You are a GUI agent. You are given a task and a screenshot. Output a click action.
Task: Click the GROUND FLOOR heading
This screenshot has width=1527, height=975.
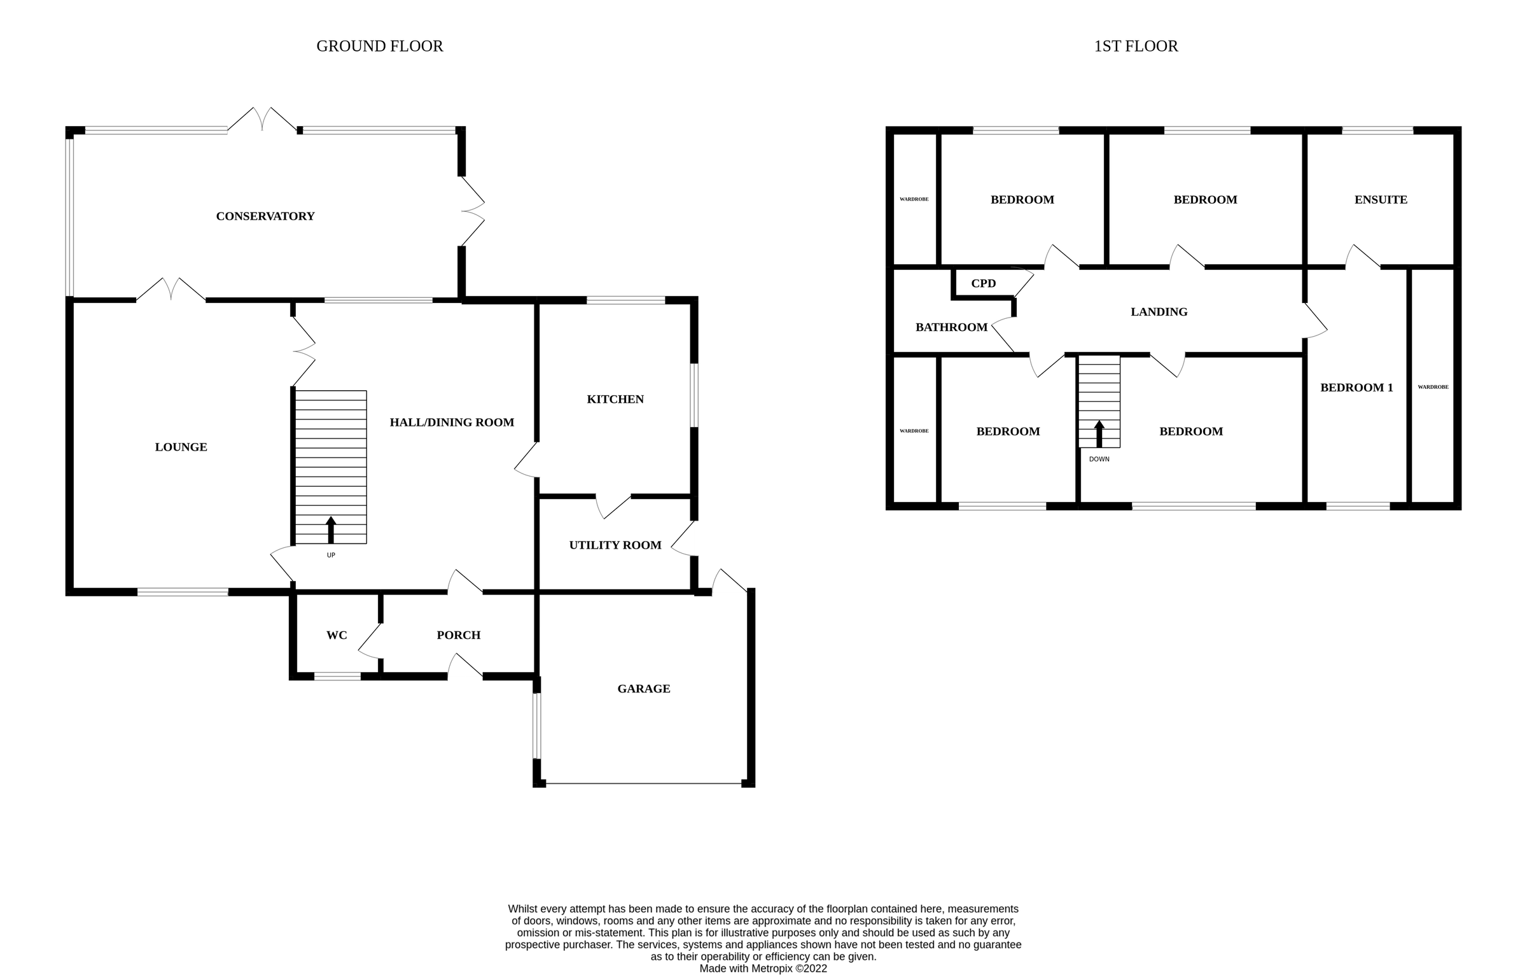click(x=379, y=46)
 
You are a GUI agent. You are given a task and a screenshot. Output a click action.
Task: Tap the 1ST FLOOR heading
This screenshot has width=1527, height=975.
click(x=1136, y=46)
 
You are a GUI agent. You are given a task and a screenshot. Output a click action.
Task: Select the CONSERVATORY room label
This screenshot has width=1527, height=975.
click(x=265, y=216)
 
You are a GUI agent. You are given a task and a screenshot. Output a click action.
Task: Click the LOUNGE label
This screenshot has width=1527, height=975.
click(x=181, y=447)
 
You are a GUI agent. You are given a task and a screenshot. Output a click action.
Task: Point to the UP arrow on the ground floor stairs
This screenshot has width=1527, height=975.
click(x=331, y=530)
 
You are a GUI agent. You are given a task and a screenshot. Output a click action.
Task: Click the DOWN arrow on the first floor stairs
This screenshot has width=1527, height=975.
click(x=1099, y=433)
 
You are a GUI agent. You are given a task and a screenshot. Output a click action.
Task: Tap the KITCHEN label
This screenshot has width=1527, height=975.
click(x=615, y=400)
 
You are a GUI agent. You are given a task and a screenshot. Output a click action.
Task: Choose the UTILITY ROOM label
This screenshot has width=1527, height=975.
click(x=615, y=545)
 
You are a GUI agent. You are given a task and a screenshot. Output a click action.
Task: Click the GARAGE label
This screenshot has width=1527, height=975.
click(x=643, y=689)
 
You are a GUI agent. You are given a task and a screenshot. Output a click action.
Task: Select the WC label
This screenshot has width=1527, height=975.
click(x=337, y=635)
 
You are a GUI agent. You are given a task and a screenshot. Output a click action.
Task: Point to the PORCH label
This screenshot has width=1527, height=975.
click(x=458, y=635)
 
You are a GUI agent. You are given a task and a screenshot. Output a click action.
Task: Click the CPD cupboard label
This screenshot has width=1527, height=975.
click(x=983, y=284)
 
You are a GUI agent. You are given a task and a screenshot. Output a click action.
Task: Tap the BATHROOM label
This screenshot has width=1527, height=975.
click(x=951, y=328)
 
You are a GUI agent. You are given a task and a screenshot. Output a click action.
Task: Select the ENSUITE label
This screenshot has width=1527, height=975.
click(x=1380, y=200)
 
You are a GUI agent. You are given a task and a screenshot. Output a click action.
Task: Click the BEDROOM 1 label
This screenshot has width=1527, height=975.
click(x=1356, y=388)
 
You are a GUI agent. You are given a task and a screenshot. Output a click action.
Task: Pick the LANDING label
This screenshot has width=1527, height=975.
click(x=1159, y=312)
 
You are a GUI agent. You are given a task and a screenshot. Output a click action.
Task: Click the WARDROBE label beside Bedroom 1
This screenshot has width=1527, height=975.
click(x=1433, y=387)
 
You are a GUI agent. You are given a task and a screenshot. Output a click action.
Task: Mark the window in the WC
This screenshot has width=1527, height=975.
click(x=337, y=677)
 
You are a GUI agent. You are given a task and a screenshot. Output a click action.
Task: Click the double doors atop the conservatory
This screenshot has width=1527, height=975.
click(x=262, y=120)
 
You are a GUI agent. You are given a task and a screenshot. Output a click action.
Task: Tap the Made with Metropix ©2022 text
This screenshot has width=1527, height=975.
click(x=763, y=969)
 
